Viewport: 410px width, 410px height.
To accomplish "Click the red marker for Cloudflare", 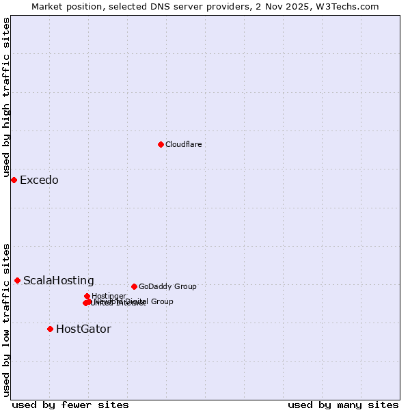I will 161,144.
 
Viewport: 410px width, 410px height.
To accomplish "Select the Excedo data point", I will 14,180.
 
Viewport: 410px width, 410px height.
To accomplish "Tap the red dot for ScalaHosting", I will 17,280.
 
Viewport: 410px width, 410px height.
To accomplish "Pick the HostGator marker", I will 50,329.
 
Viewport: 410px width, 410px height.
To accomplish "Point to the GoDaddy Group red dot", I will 134,286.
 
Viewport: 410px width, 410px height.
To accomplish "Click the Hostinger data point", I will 87,296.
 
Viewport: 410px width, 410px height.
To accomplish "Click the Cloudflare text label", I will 183,144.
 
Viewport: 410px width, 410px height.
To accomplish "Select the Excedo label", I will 39,180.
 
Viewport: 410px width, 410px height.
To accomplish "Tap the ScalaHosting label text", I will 59,281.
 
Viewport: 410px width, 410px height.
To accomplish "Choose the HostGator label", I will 83,329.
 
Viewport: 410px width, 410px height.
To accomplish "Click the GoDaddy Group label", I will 167,287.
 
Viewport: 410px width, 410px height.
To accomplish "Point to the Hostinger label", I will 109,296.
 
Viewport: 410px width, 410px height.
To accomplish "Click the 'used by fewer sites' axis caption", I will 70,405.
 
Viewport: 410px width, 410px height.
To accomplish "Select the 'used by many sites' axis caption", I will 343,405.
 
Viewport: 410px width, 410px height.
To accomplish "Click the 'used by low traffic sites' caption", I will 6,319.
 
